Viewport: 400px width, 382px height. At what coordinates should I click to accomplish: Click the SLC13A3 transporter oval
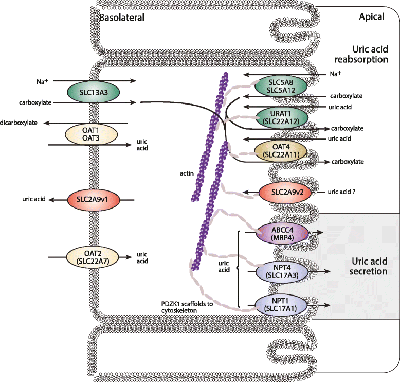pos(94,92)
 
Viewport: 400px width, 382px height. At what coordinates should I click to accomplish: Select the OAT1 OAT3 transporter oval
pos(94,135)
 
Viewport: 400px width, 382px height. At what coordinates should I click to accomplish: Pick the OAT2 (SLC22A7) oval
pos(94,256)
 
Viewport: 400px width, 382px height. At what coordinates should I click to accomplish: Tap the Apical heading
pos(371,17)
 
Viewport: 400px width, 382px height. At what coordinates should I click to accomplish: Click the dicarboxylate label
pos(21,123)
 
